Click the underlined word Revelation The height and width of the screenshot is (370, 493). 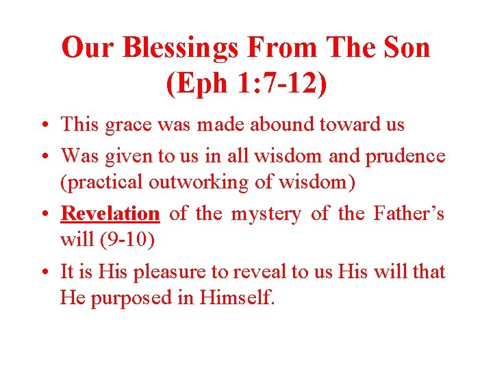(110, 213)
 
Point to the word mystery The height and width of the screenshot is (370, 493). (266, 214)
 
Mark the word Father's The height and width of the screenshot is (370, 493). (409, 213)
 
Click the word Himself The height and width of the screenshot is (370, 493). (240, 299)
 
